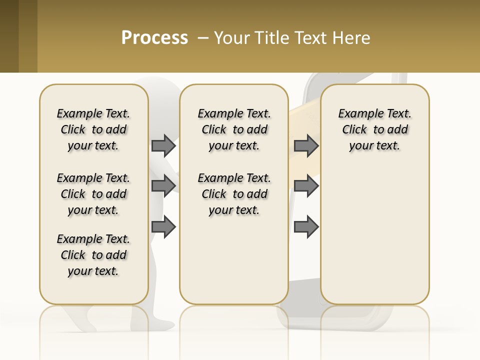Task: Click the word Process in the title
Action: coord(154,38)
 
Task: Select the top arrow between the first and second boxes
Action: coord(163,145)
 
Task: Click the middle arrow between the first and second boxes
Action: coord(163,186)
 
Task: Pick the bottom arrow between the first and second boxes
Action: coord(163,227)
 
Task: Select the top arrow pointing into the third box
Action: coord(306,145)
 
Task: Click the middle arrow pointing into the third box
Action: coord(306,186)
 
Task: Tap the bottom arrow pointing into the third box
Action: coord(306,227)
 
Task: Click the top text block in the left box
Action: coord(93,129)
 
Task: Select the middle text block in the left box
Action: coord(93,194)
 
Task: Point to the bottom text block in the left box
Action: coord(93,255)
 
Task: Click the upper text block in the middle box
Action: coord(234,129)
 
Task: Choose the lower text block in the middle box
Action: coord(234,194)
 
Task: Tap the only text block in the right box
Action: coord(375,129)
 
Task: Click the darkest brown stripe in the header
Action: coord(9,36)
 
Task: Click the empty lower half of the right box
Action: coord(375,240)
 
